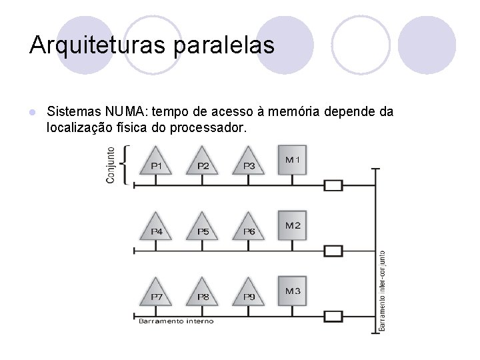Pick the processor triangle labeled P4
tap(157, 228)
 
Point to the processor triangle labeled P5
tap(203, 228)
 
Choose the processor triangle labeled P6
tap(249, 228)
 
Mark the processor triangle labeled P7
tap(157, 293)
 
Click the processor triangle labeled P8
tap(203, 293)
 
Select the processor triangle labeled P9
tap(249, 293)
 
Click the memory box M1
tap(293, 160)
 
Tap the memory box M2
tap(293, 225)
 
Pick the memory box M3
tap(293, 291)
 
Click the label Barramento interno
tap(177, 321)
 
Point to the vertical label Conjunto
tap(111, 165)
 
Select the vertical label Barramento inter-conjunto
tap(382, 290)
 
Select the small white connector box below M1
tap(333, 185)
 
